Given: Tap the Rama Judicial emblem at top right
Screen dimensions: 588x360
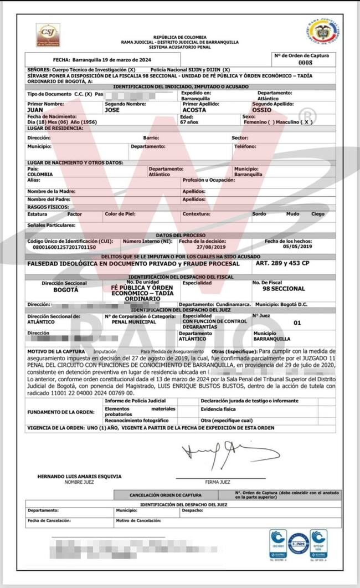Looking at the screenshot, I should point(323,32).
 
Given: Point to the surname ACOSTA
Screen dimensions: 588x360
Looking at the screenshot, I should point(194,110).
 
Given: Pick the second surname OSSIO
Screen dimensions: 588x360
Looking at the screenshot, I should point(261,110).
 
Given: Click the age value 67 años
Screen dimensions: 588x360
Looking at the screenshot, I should point(191,121).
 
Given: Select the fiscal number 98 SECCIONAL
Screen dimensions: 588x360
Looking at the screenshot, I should point(284,289).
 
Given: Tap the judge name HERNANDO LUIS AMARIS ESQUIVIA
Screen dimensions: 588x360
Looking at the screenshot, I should point(79,476).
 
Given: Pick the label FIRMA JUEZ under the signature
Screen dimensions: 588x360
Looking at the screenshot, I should point(217,482).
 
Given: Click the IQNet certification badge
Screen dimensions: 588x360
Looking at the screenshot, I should point(298,544).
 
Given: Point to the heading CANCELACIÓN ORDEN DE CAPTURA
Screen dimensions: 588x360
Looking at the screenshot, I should point(166,495).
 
